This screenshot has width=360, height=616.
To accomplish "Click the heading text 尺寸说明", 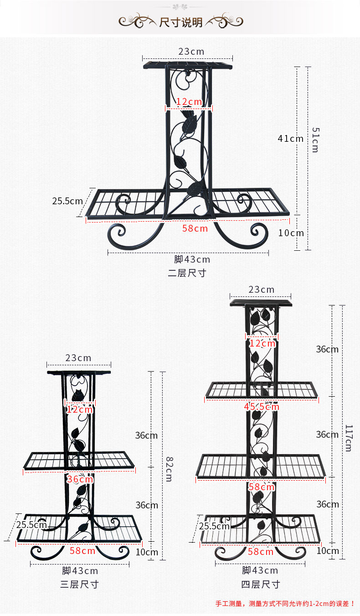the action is [180, 22].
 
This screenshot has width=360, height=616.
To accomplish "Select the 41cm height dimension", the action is [290, 138].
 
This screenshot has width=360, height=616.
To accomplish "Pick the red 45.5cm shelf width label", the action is [262, 406].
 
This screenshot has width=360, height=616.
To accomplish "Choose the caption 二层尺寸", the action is [187, 274].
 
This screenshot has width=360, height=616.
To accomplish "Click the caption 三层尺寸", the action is [79, 584].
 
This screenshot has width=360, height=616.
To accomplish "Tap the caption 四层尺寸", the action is [260, 584].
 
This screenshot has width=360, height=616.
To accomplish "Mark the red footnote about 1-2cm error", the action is [285, 603].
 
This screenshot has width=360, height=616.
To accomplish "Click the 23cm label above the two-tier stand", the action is [191, 52].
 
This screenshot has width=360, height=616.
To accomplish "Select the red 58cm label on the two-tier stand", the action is [195, 228].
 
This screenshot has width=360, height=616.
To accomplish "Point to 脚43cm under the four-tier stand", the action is [260, 570].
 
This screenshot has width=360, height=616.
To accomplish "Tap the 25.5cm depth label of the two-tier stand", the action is [67, 201].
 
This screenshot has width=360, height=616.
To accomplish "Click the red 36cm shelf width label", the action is [80, 479].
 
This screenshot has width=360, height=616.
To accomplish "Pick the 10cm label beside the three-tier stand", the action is [147, 552].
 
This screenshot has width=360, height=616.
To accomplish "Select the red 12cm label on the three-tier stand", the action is [79, 409].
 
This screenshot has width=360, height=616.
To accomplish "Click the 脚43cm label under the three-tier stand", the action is [80, 570].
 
